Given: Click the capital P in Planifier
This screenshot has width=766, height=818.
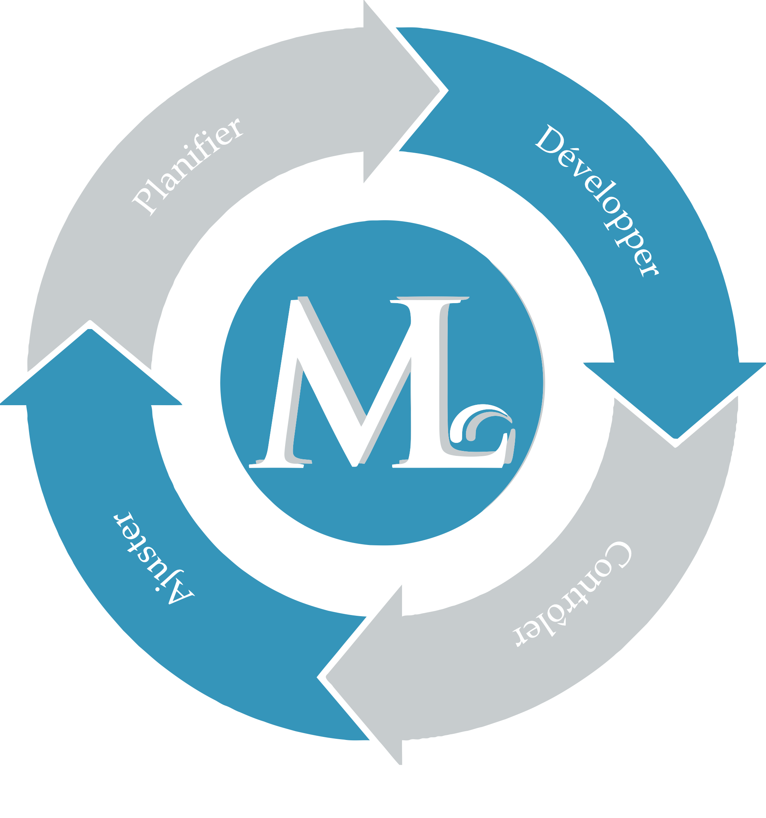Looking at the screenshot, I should (x=144, y=201).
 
